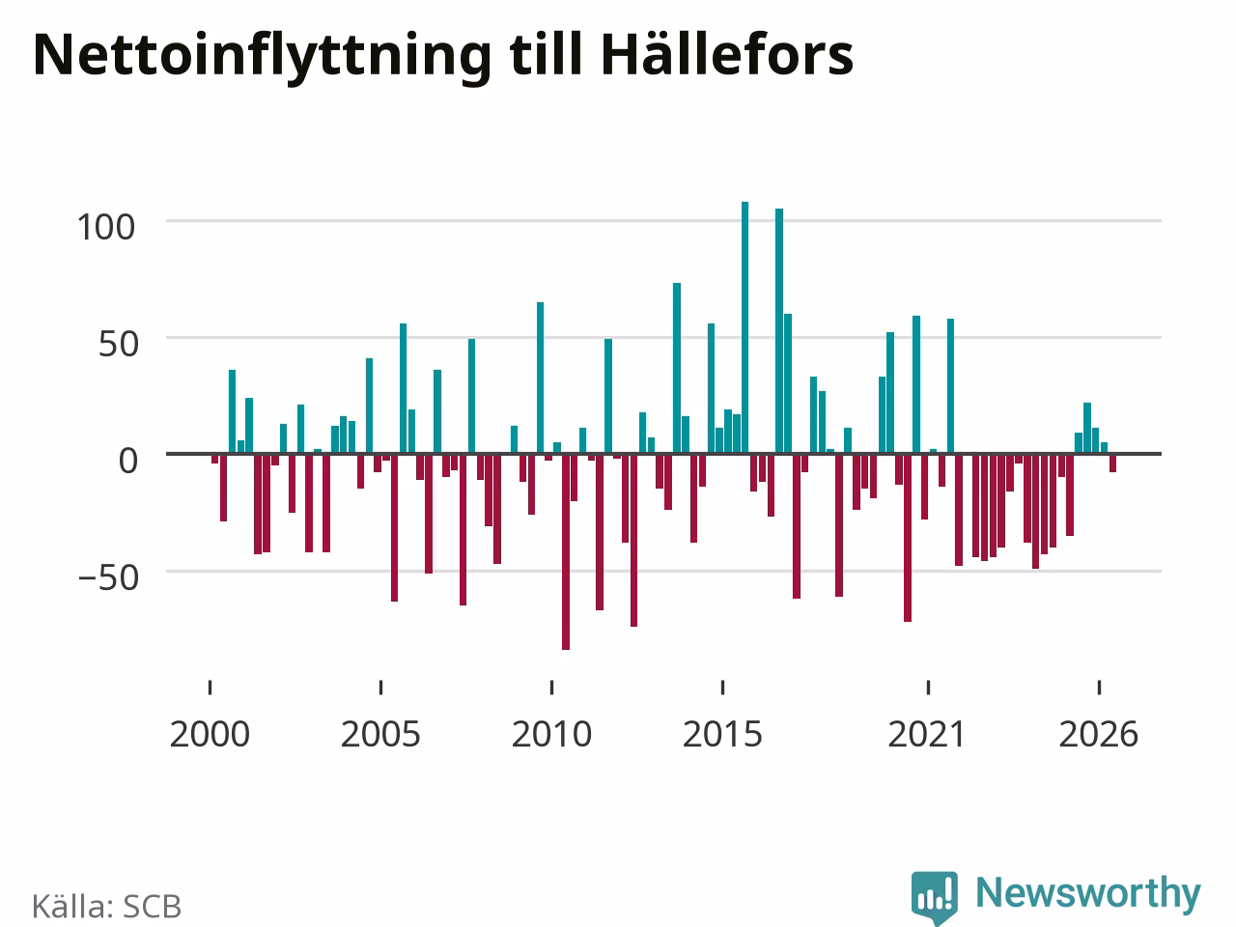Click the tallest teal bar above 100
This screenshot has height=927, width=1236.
[744, 327]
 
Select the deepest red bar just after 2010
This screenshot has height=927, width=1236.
[566, 552]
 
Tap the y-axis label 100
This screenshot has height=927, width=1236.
[106, 227]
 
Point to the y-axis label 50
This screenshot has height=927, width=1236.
[118, 344]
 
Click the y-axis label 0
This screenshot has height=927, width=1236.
[127, 461]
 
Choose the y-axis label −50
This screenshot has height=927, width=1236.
[108, 577]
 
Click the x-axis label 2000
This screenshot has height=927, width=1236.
[210, 735]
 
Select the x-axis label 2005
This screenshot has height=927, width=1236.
[380, 735]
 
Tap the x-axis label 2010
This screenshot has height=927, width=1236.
[551, 735]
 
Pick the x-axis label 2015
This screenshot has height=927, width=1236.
[722, 735]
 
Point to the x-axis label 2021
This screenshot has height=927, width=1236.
[927, 735]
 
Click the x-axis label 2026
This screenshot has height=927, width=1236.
[1099, 735]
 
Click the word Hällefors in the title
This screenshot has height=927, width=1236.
[727, 55]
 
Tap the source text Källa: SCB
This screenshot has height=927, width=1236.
[106, 906]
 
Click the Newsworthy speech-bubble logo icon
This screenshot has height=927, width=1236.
[935, 897]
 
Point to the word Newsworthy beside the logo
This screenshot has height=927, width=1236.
[1088, 892]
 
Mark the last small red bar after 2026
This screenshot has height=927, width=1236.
[1112, 463]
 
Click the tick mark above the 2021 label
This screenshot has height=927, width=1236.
[928, 688]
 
